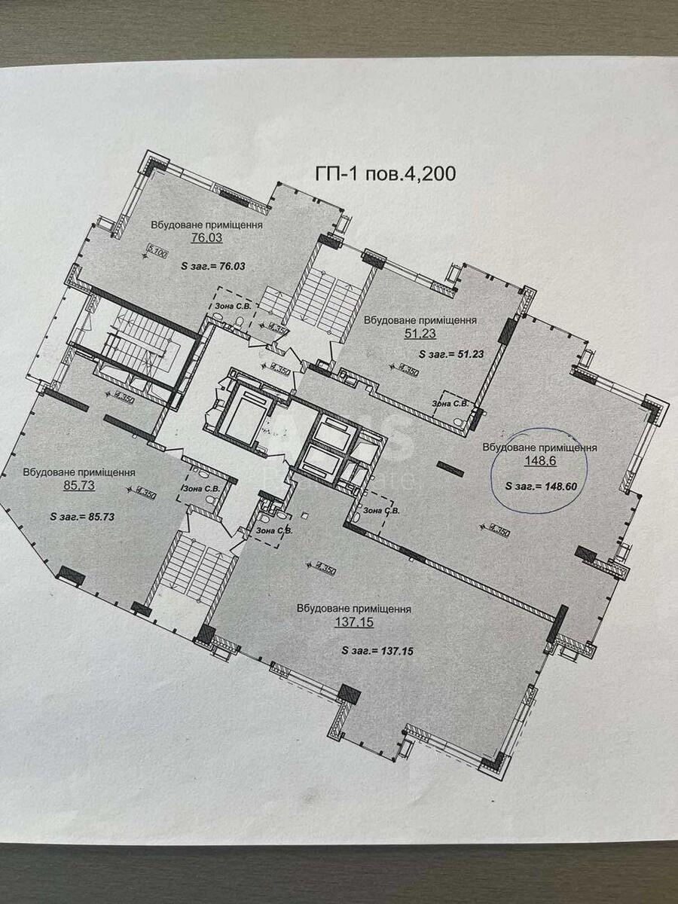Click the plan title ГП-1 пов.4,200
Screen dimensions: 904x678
384,174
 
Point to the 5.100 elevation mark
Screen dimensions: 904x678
157,254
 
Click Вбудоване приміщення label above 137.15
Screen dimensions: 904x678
353,609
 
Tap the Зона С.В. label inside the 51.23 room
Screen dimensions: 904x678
450,403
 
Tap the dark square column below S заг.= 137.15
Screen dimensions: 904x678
349,694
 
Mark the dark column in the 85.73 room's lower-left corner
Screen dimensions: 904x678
72,576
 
